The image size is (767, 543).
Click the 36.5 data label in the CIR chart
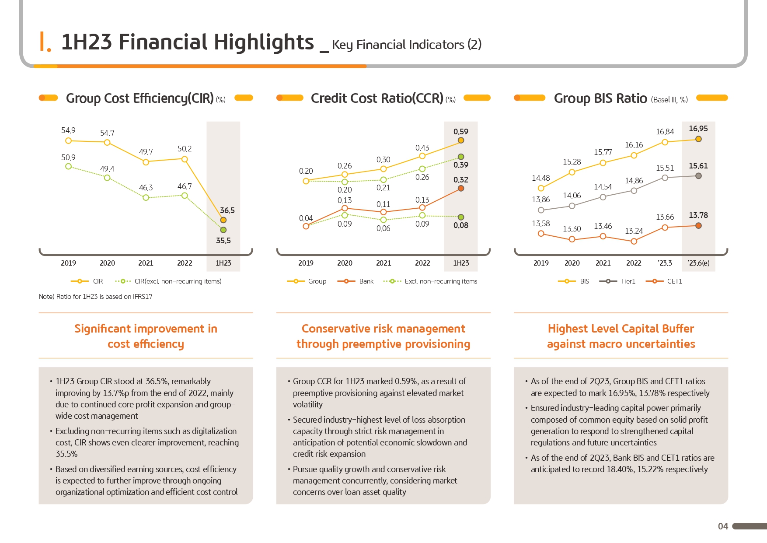tap(227, 210)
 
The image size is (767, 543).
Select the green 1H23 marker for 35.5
tap(223, 230)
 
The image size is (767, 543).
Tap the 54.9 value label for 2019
tap(68, 130)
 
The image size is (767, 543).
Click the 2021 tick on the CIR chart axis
tap(146, 263)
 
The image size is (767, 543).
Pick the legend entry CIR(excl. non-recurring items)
tap(178, 281)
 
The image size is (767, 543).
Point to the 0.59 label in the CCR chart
tap(460, 132)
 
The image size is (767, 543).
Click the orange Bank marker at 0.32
tap(460, 189)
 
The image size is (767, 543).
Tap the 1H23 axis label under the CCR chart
tap(461, 263)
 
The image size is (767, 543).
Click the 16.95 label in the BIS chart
tap(698, 129)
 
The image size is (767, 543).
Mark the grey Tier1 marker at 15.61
tap(698, 176)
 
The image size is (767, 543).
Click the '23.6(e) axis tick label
tap(698, 263)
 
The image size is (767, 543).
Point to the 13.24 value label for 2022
tap(634, 231)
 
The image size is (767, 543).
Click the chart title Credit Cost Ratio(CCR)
tap(377, 98)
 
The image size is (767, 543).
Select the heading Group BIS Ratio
tap(600, 98)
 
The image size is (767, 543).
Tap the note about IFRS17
tap(95, 297)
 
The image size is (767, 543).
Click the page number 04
tap(723, 526)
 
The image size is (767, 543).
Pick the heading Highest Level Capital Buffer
tap(621, 329)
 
